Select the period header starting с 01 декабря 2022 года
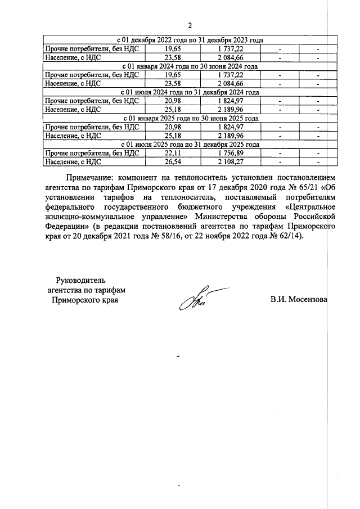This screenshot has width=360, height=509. point(190,40)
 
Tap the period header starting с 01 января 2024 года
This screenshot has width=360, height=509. point(190,66)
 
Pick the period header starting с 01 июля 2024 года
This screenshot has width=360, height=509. point(190,92)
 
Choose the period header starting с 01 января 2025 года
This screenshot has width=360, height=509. point(190,118)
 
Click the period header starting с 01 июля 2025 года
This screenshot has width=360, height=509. point(190,144)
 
